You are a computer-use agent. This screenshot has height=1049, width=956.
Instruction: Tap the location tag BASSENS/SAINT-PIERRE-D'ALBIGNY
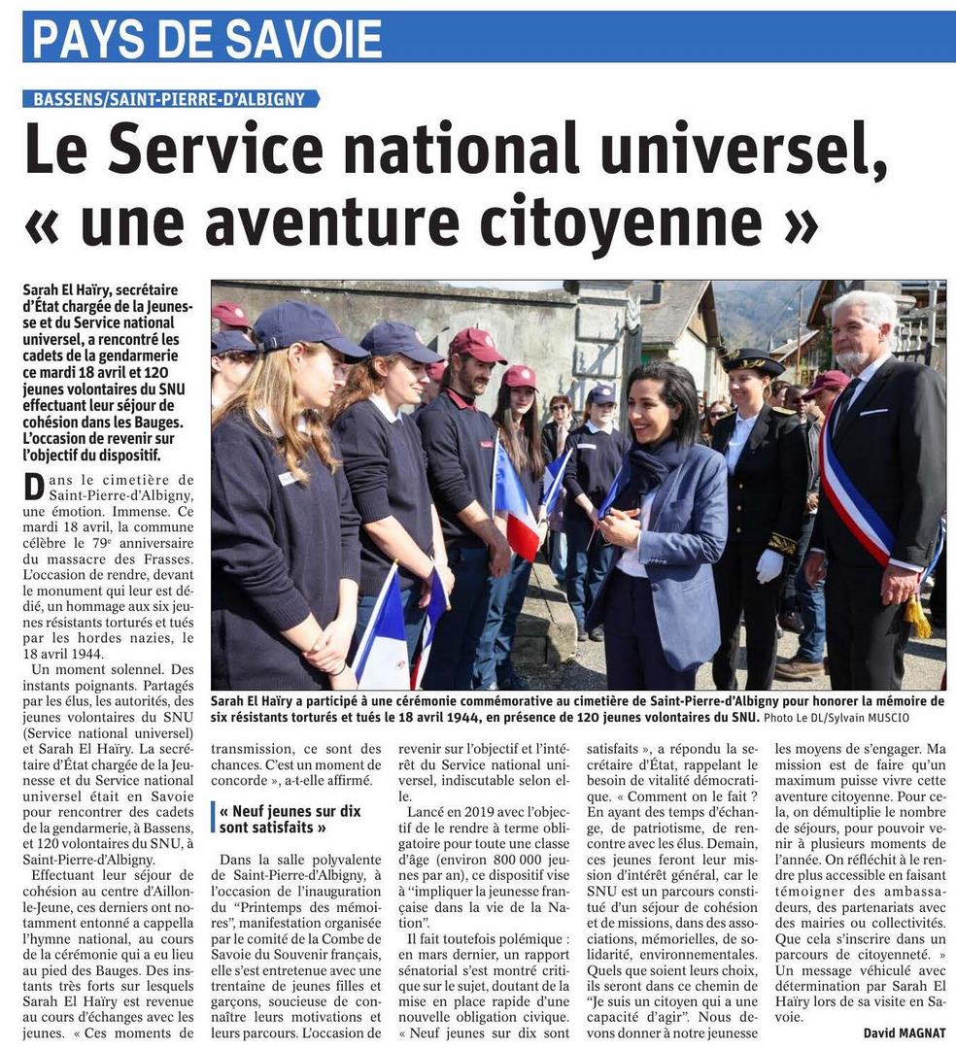click(170, 98)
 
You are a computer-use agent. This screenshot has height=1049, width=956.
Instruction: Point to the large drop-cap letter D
click(34, 487)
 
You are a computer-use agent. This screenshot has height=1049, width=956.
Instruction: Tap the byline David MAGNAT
click(904, 1032)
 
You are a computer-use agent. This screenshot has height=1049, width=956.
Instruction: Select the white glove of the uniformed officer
click(769, 566)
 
